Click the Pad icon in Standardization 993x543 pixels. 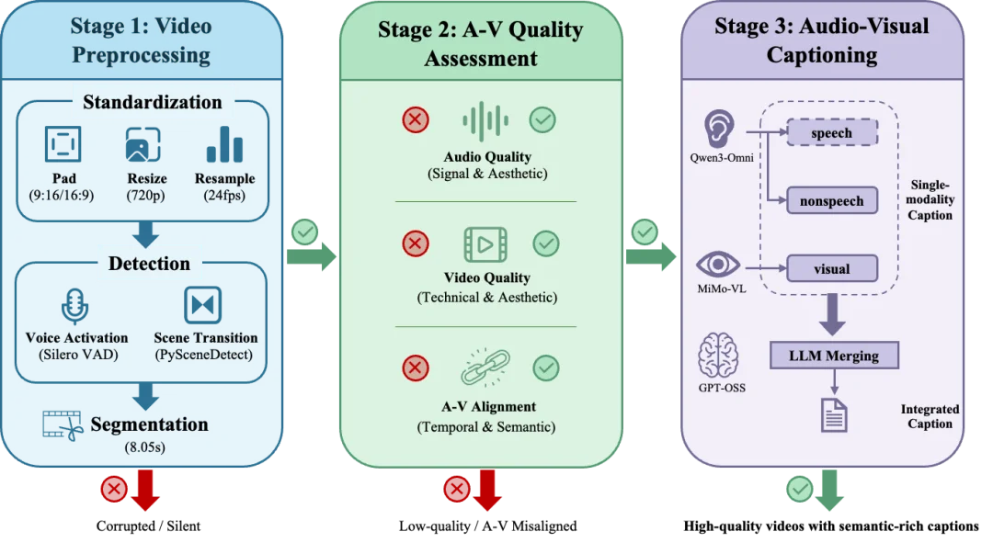(x=63, y=145)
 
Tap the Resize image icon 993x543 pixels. (x=143, y=145)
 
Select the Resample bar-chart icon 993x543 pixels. (x=224, y=145)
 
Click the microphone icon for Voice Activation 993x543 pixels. (x=75, y=306)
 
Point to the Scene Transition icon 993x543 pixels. (x=202, y=306)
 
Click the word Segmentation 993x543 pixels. (x=149, y=424)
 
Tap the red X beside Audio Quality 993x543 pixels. (x=416, y=119)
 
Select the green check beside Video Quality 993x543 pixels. (x=546, y=243)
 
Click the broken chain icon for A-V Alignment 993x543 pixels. (x=484, y=368)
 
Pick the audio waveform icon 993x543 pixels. (x=485, y=121)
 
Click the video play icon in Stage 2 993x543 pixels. (x=485, y=244)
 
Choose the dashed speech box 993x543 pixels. (x=831, y=133)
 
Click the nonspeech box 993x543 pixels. (x=831, y=200)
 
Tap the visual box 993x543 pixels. (x=831, y=269)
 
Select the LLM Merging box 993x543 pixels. (x=833, y=355)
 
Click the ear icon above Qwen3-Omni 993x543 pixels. (x=723, y=129)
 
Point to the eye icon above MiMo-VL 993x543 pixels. (x=718, y=265)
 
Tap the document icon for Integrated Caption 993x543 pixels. (x=833, y=413)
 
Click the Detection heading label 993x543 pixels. (x=149, y=264)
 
